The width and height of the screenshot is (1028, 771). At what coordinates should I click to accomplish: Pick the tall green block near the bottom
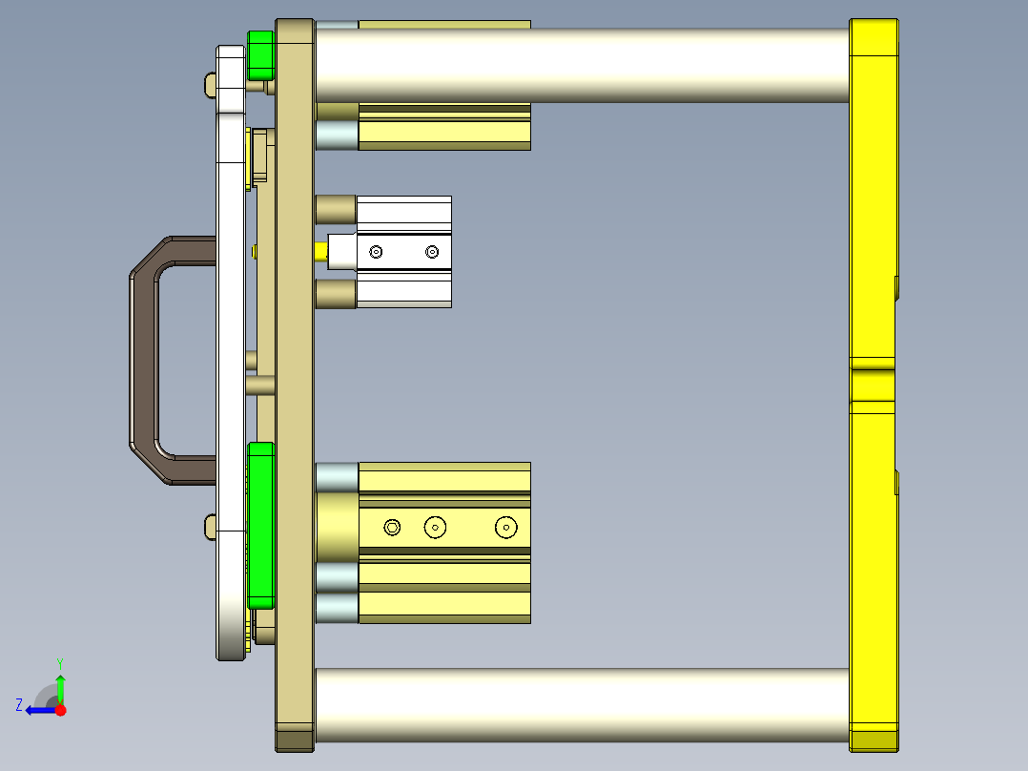(260, 525)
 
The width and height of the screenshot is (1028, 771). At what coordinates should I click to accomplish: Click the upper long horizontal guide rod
(582, 65)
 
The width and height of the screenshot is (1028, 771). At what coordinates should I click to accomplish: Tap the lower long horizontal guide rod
(582, 707)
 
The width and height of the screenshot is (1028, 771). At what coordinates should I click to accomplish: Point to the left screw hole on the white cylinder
(377, 252)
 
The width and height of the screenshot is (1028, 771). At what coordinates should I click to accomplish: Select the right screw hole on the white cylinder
(433, 252)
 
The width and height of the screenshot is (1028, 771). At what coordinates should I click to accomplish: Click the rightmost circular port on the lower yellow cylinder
(504, 527)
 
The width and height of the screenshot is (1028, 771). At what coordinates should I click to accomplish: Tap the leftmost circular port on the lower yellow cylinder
(392, 527)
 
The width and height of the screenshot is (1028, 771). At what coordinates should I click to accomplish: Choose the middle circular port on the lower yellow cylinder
(436, 527)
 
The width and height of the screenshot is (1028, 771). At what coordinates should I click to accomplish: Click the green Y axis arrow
(60, 686)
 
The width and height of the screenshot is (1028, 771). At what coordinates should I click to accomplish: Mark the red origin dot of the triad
(61, 710)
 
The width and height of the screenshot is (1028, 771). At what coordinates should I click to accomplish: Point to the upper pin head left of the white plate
(211, 85)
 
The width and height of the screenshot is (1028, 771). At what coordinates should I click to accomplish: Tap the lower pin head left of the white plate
(211, 525)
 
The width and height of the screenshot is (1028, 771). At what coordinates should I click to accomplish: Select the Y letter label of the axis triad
(60, 662)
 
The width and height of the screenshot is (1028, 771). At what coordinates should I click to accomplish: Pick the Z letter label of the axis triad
(18, 705)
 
